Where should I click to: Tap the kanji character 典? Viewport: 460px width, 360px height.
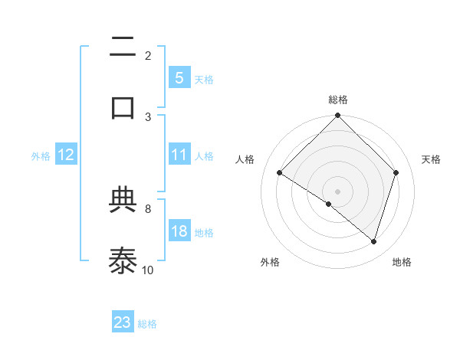click(123, 201)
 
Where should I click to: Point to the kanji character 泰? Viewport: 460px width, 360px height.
click(123, 260)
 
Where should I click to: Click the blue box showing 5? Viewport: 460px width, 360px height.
click(179, 77)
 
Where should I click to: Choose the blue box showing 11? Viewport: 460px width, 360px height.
click(179, 154)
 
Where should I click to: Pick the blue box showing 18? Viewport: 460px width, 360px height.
click(179, 231)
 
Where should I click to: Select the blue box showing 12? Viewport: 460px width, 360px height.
click(66, 155)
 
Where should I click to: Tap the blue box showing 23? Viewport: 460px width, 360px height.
click(123, 322)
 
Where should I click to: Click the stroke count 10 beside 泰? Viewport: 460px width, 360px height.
click(148, 270)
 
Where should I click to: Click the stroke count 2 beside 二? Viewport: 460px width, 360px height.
click(148, 55)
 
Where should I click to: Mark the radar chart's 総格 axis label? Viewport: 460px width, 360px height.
click(338, 100)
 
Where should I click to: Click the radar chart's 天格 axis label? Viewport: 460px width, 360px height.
click(431, 159)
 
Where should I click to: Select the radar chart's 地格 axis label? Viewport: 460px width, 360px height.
click(402, 262)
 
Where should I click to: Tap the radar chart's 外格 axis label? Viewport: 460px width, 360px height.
click(270, 262)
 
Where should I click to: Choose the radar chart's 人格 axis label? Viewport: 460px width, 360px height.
click(245, 159)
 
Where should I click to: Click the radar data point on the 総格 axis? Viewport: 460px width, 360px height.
click(338, 117)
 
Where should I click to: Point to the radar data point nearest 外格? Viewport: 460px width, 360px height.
click(329, 205)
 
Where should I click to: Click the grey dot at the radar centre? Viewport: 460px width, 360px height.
click(338, 191)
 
